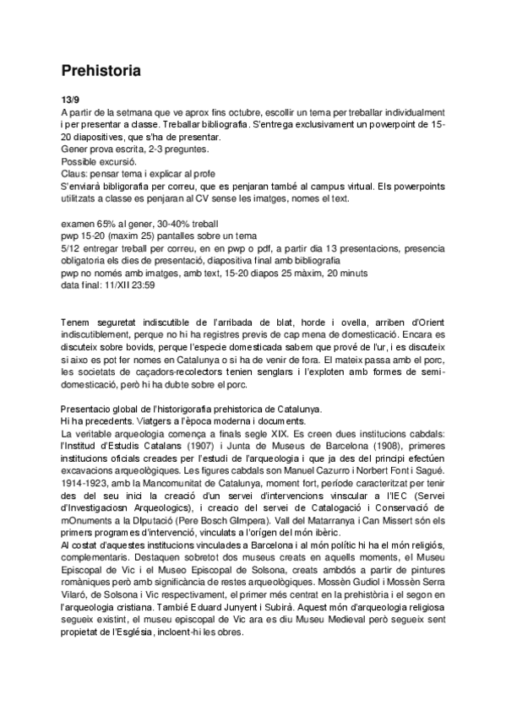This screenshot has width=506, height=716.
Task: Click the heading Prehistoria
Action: coord(101,70)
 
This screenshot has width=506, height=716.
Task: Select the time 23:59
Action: coord(139,285)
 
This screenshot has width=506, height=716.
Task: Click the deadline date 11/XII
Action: coord(111,285)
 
